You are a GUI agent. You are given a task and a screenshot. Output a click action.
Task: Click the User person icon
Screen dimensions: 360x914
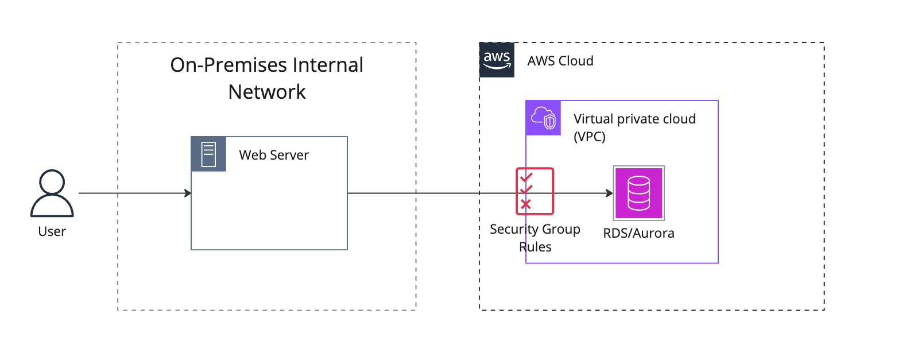click(x=52, y=193)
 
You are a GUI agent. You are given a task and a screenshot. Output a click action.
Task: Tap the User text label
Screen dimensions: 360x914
click(x=52, y=231)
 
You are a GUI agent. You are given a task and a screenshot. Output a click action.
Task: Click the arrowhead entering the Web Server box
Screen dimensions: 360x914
click(x=188, y=193)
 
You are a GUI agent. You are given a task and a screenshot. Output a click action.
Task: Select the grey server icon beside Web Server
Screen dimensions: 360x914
click(x=208, y=154)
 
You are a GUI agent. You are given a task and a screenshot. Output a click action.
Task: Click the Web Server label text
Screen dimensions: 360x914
click(x=274, y=155)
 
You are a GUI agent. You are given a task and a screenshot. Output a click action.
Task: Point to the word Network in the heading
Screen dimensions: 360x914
click(x=267, y=92)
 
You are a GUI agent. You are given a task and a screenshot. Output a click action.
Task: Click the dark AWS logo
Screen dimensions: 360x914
click(x=497, y=60)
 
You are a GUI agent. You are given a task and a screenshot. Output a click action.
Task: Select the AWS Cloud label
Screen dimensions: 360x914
click(x=560, y=61)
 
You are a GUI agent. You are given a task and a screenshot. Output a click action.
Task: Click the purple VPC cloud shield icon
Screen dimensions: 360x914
click(x=543, y=118)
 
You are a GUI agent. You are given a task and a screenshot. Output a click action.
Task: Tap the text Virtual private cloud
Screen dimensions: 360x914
click(x=634, y=119)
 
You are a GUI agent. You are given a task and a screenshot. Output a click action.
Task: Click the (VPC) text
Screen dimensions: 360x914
click(x=590, y=137)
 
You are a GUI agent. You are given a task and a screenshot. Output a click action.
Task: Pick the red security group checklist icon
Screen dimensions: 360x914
click(x=535, y=191)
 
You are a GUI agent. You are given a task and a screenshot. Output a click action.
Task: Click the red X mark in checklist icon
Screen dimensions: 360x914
click(x=525, y=204)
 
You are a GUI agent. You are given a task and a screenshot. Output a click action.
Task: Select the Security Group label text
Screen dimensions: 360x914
click(x=535, y=229)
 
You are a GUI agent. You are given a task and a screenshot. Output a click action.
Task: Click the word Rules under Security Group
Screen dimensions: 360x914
click(x=535, y=247)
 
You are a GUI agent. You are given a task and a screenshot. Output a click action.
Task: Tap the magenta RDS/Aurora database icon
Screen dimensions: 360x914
click(x=638, y=193)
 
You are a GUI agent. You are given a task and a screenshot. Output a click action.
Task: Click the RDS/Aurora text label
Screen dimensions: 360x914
click(x=638, y=233)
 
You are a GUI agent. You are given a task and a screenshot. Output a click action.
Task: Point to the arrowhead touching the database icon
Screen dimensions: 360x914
click(x=610, y=193)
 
